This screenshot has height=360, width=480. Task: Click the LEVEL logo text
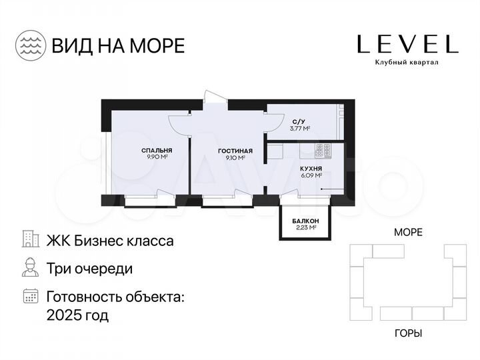(407, 44)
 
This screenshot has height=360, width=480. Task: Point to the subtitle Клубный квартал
(407, 63)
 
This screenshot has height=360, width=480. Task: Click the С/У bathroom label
(299, 121)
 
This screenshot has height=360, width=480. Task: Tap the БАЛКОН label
(305, 221)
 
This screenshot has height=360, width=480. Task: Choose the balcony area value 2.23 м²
(305, 227)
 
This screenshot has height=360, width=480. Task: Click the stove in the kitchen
(323, 150)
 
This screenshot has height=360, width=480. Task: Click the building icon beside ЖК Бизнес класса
(30, 240)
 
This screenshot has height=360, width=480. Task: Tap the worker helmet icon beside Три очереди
(30, 268)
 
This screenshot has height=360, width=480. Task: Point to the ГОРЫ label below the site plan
(408, 333)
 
